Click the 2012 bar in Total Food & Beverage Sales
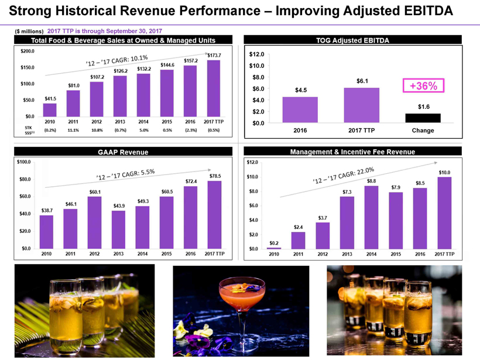click(x=97, y=99)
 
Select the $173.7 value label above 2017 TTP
click(x=214, y=55)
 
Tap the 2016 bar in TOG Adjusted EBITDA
click(x=300, y=109)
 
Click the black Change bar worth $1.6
click(x=422, y=118)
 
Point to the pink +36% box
click(x=422, y=85)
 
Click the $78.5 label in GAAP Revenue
click(x=214, y=176)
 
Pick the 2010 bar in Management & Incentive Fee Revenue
click(x=273, y=248)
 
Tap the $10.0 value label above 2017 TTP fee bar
click(x=445, y=172)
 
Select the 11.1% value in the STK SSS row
click(x=73, y=130)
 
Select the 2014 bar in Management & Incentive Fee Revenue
click(x=371, y=217)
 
